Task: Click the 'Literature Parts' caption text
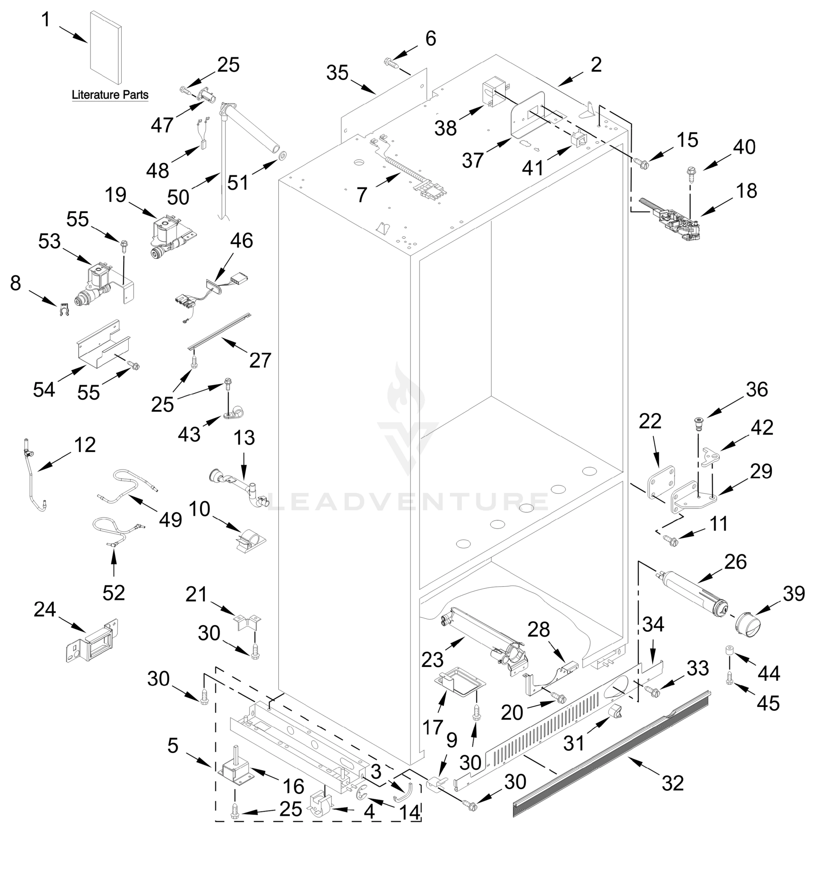point(110,95)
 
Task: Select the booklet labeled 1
point(105,48)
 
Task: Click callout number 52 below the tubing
point(114,593)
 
